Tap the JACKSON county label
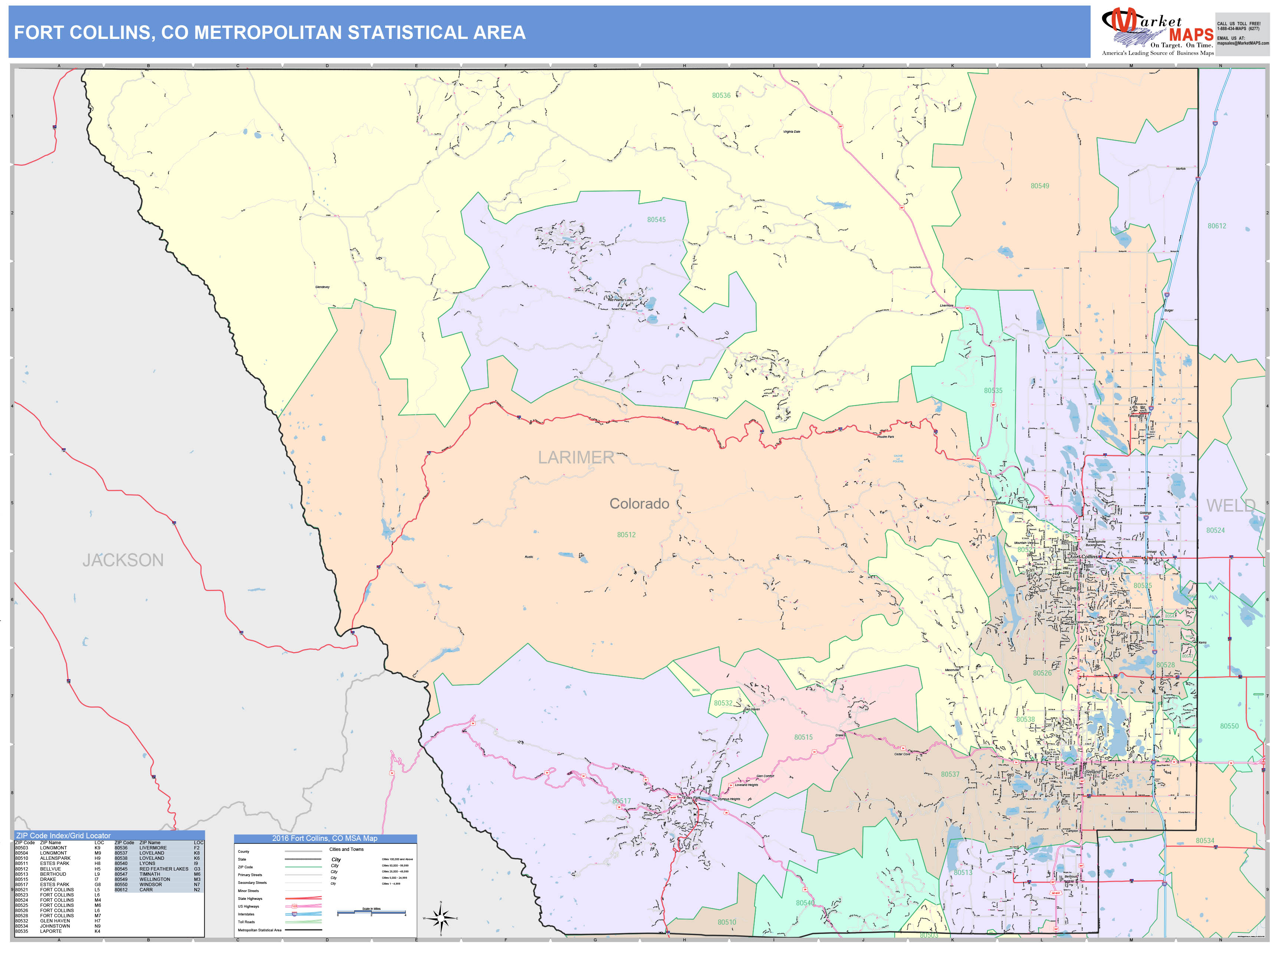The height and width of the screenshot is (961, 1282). click(123, 560)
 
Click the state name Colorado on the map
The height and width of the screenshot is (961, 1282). click(639, 504)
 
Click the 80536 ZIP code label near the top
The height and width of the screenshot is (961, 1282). click(721, 96)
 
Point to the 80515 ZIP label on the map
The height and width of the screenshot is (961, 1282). click(803, 737)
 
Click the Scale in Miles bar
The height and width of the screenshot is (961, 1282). click(371, 913)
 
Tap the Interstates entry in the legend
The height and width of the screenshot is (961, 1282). click(246, 914)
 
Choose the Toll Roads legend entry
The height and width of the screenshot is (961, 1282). click(246, 922)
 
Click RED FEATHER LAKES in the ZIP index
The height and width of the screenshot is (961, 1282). click(164, 869)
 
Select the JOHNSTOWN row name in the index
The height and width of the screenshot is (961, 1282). click(55, 926)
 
